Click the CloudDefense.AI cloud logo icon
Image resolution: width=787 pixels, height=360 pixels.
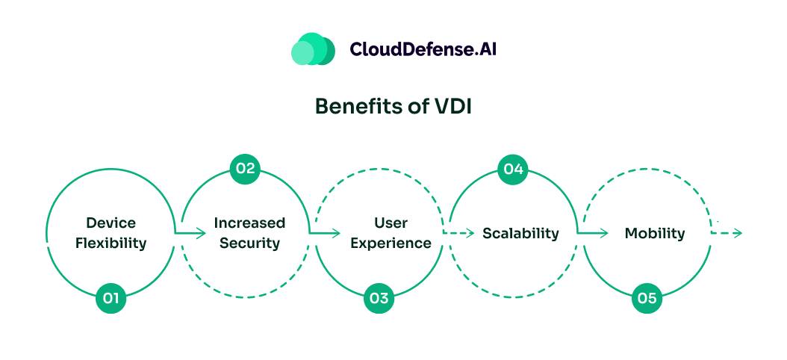[x=312, y=49]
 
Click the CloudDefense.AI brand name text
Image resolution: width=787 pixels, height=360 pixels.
[x=423, y=49]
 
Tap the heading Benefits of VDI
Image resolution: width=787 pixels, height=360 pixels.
[x=393, y=107]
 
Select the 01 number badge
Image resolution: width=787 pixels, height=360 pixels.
[x=111, y=299]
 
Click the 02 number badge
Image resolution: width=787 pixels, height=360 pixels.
[x=245, y=168]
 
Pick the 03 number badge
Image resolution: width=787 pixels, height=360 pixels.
[x=379, y=299]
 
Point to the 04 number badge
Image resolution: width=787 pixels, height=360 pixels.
[x=512, y=168]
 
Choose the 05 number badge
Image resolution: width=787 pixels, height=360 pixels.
[x=647, y=299]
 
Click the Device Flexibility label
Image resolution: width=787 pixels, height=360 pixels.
[x=111, y=233]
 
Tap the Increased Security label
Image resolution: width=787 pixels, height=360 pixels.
[x=249, y=233]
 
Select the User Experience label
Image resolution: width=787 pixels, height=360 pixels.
[x=391, y=233]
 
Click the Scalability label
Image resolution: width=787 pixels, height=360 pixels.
[x=520, y=233]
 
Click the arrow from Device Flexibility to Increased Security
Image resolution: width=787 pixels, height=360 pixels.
[x=191, y=233]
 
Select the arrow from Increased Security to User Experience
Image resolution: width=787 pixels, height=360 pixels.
[x=326, y=233]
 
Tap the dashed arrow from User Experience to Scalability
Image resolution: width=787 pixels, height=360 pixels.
[x=459, y=233]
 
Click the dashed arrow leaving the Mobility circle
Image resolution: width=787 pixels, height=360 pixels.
[x=727, y=233]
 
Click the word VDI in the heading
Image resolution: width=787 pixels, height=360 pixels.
[x=452, y=107]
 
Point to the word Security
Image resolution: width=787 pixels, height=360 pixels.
[x=249, y=243]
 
